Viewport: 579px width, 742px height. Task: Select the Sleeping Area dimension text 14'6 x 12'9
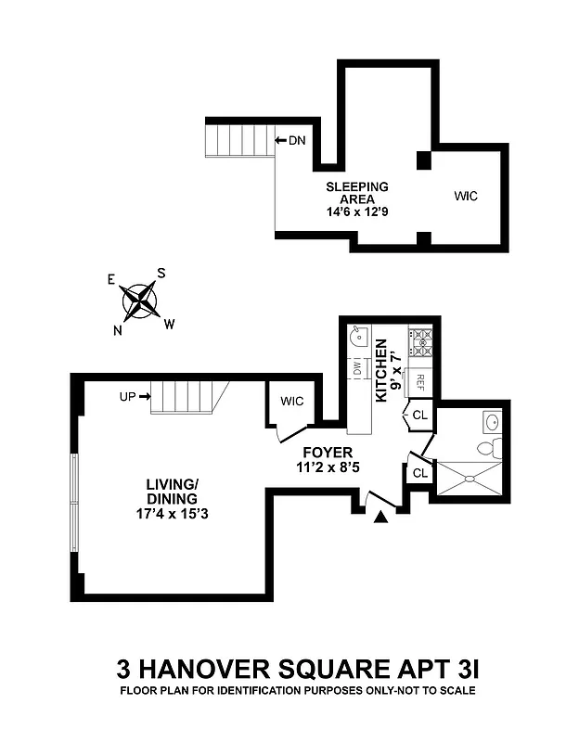pyautogui.click(x=356, y=211)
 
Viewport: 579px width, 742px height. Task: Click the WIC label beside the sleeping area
pyautogui.click(x=466, y=197)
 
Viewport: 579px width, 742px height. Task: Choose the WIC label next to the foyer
pyautogui.click(x=292, y=401)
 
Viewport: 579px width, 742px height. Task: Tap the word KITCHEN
pyautogui.click(x=380, y=370)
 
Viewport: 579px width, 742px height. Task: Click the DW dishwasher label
pyautogui.click(x=357, y=369)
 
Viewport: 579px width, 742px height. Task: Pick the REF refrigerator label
pyautogui.click(x=419, y=380)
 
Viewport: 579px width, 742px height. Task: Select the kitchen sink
pyautogui.click(x=358, y=338)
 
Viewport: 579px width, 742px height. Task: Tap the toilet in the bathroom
pyautogui.click(x=489, y=448)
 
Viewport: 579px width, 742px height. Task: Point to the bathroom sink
pyautogui.click(x=492, y=423)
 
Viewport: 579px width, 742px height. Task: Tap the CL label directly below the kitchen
pyautogui.click(x=419, y=415)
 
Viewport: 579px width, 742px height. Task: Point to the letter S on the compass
pyautogui.click(x=161, y=273)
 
